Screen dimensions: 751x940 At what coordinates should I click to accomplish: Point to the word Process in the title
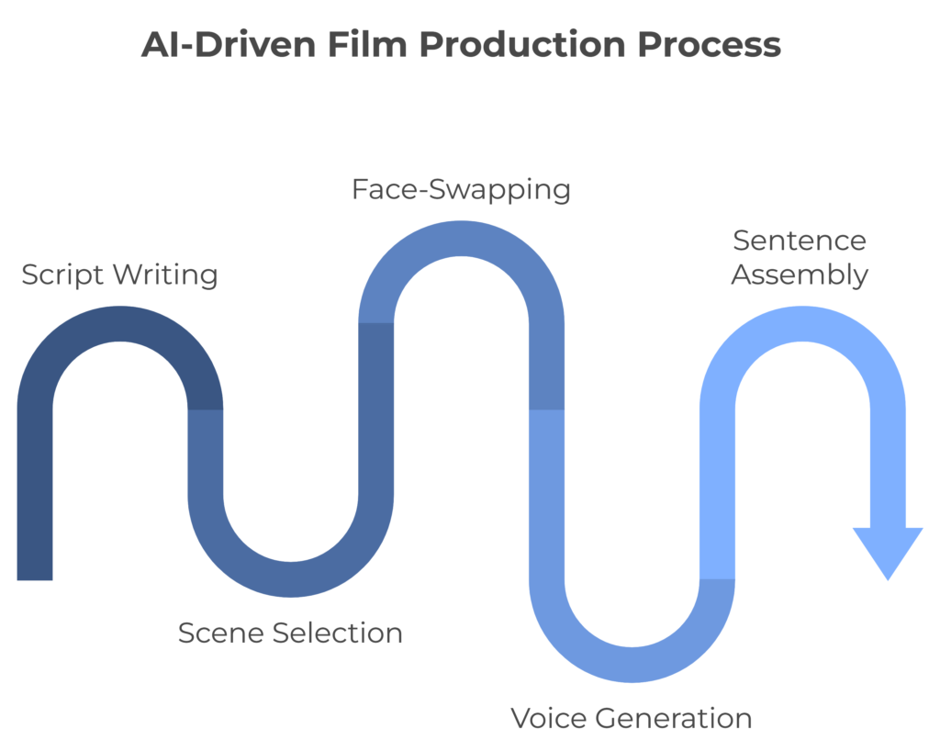[724, 45]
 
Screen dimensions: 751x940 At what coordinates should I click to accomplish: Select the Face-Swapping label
[461, 190]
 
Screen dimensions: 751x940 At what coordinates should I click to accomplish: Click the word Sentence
[799, 241]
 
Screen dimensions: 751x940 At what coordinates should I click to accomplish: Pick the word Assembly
[799, 275]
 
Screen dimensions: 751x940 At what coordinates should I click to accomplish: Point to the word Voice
[547, 718]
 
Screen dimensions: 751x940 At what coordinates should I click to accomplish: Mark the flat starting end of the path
[35, 573]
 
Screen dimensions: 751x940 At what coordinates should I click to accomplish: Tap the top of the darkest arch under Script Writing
[119, 323]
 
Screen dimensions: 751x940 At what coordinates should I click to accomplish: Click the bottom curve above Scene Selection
[290, 579]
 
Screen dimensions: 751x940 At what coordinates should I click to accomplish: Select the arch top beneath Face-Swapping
[461, 238]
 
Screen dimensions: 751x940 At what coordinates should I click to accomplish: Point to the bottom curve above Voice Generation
[632, 665]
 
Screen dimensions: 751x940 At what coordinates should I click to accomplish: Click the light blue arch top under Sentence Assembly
[802, 323]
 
